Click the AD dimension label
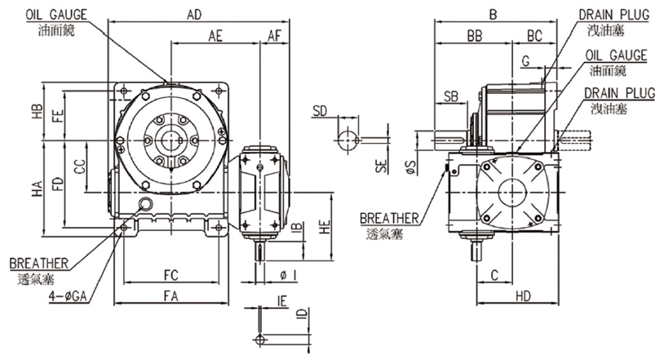pyautogui.click(x=194, y=15)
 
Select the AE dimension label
pyautogui.click(x=216, y=36)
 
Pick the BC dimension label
pyautogui.click(x=535, y=36)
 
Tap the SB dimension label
pyautogui.click(x=449, y=96)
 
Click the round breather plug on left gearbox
pyautogui.click(x=147, y=205)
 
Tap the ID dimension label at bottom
pyautogui.click(x=301, y=314)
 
